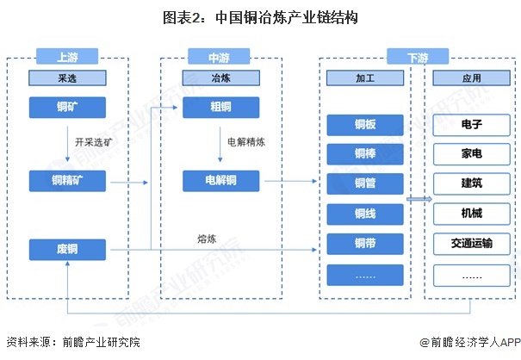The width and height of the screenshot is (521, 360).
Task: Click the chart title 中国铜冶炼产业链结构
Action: [x=260, y=17]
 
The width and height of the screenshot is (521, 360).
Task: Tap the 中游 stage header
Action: [x=220, y=58]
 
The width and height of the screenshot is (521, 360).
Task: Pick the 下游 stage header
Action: [x=417, y=58]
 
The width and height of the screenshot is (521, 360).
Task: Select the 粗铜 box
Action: [x=220, y=108]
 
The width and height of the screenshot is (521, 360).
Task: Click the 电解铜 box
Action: [x=220, y=180]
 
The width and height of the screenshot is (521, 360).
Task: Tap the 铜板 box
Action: [x=365, y=124]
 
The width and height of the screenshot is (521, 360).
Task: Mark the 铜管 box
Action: [x=365, y=183]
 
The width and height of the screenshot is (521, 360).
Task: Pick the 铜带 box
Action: [x=365, y=244]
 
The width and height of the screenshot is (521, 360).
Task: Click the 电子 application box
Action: [x=471, y=124]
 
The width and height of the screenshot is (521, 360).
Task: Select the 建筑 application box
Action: [x=471, y=183]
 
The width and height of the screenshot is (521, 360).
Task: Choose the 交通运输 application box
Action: [x=471, y=244]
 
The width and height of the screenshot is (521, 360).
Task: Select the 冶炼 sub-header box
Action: [x=220, y=78]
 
